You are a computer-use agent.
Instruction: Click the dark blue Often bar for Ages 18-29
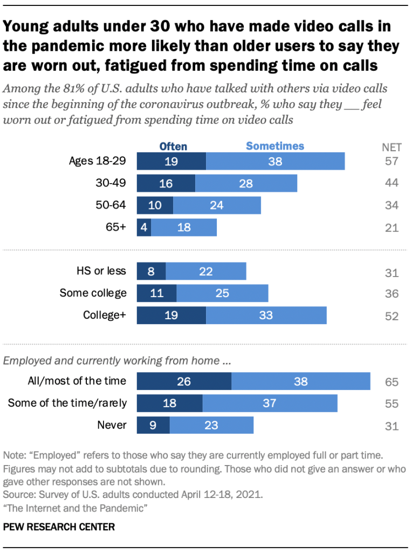tap(171, 161)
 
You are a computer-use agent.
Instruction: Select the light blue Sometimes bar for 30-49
tap(246, 183)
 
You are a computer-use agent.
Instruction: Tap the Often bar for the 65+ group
tap(144, 227)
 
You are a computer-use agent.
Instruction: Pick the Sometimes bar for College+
tap(266, 315)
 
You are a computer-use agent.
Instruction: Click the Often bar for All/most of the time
tap(184, 381)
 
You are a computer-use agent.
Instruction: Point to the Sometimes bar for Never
tap(211, 425)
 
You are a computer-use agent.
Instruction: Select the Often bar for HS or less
tap(151, 272)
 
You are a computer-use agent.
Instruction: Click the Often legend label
tap(173, 146)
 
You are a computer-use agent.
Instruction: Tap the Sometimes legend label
tap(275, 146)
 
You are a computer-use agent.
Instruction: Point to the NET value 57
tap(392, 161)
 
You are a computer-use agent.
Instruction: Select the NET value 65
tap(392, 382)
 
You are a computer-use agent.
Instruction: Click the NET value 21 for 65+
tap(392, 227)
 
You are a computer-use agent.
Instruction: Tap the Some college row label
tap(93, 293)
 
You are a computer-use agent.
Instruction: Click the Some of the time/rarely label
tap(67, 403)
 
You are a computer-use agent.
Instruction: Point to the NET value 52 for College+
tap(392, 316)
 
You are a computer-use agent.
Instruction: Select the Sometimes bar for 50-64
tap(217, 205)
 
